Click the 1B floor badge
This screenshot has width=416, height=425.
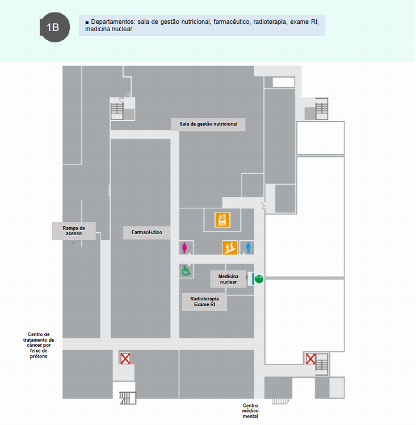(52, 27)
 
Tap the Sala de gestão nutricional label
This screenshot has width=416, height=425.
(208, 124)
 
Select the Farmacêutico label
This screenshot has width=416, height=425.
(147, 232)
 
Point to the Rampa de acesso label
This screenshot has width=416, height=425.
(74, 231)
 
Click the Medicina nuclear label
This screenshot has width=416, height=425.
(228, 279)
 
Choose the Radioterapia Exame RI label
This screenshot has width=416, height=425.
(204, 301)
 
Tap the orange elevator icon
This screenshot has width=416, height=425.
(222, 219)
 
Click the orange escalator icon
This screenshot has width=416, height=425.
(229, 248)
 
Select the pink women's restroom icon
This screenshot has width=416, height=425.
(184, 248)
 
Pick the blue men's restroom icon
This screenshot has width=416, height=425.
(249, 248)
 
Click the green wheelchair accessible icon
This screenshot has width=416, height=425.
(186, 271)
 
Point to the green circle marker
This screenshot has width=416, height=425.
(259, 278)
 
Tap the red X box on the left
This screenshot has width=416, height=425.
(125, 358)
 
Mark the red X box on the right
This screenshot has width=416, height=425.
(310, 359)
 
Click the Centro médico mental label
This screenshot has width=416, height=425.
(250, 411)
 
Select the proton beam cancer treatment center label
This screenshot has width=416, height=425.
(39, 345)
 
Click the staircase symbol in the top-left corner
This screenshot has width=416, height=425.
(117, 109)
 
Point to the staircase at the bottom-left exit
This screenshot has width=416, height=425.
(127, 398)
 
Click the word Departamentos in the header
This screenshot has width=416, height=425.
(113, 22)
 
